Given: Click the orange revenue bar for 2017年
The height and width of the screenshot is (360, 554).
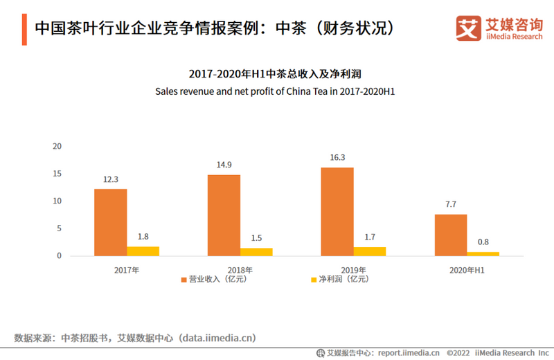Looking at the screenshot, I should (x=110, y=222).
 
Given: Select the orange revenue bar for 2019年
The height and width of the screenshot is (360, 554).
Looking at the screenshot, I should (x=337, y=211).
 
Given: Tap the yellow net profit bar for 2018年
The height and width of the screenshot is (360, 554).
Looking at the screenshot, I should (x=256, y=252).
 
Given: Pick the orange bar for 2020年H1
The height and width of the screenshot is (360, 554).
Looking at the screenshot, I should (x=451, y=235).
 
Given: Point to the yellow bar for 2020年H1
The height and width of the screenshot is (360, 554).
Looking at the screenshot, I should (x=483, y=253).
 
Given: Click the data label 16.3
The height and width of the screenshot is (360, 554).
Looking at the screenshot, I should (x=337, y=158).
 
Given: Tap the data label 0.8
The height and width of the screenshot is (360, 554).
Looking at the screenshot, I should (x=483, y=242).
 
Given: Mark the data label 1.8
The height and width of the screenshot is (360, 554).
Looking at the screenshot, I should (x=143, y=237).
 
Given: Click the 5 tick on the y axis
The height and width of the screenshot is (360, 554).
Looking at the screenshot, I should (x=60, y=228).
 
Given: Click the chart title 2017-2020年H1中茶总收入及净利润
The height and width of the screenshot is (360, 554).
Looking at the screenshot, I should (x=276, y=74).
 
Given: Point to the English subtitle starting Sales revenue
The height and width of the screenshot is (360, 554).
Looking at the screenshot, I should (x=276, y=91).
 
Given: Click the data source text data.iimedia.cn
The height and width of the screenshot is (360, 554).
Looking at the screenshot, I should (x=217, y=338).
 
